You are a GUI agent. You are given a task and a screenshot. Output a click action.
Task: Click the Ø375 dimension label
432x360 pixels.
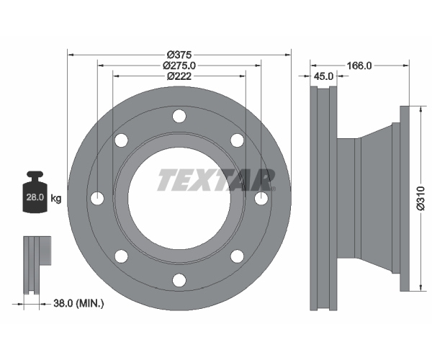pos(179,55)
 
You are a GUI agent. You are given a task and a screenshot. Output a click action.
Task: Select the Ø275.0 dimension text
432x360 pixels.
pos(179,66)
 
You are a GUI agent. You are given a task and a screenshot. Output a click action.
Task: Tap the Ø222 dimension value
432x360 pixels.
pos(179,76)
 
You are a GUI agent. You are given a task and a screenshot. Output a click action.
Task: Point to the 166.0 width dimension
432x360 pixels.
pos(359,66)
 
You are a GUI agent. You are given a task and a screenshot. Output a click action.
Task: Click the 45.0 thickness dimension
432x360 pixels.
pos(324,76)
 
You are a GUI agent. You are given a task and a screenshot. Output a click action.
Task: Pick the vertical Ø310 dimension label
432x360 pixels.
pos(421,198)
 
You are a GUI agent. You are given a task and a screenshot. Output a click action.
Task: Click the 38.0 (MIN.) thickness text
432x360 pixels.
pos(78,304)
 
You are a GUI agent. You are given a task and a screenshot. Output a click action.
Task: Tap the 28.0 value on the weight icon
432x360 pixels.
pos(35,197)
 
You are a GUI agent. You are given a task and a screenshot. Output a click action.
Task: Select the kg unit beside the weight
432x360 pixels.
pos(56,198)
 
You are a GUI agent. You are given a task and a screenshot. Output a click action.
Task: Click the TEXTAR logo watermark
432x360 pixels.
pos(216,180)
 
